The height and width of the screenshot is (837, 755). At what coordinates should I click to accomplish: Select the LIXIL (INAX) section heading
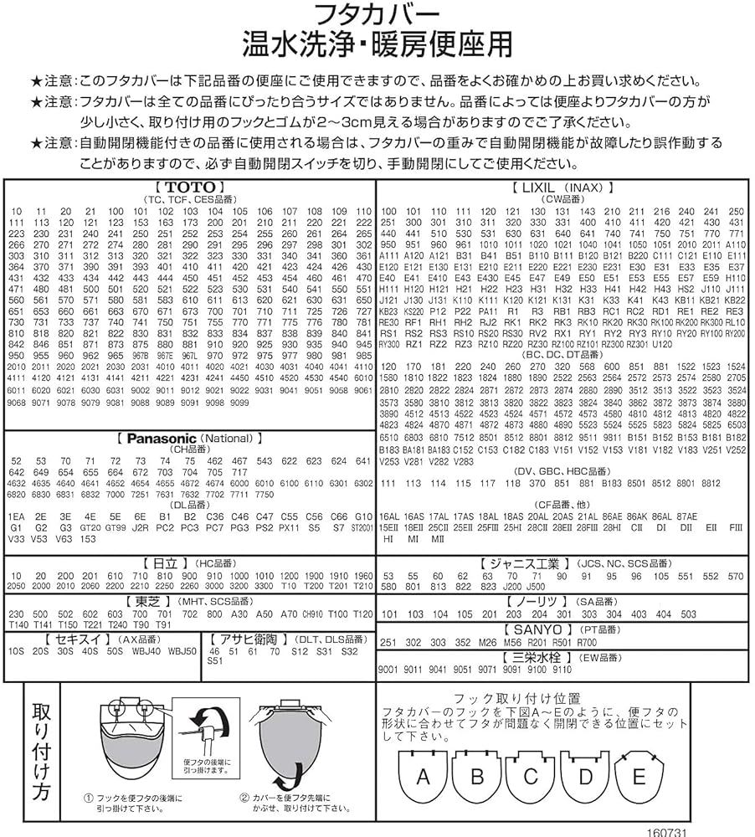click(x=562, y=187)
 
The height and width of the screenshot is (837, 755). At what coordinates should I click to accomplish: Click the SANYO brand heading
click(x=536, y=628)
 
